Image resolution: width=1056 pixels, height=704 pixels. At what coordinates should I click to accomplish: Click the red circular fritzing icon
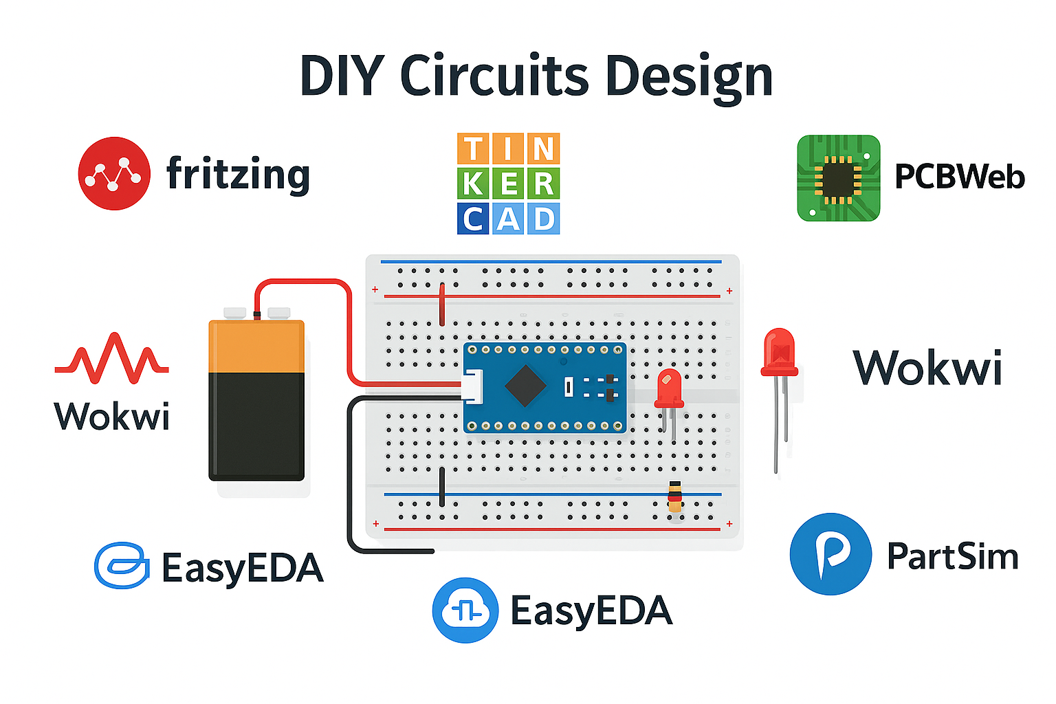(114, 173)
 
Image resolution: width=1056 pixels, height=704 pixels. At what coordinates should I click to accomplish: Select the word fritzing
(238, 174)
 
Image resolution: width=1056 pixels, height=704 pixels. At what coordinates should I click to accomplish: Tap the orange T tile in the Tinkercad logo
(473, 149)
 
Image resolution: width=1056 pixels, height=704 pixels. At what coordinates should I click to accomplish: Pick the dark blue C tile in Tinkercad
(473, 219)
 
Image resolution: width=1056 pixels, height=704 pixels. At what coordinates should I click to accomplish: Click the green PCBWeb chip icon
(838, 178)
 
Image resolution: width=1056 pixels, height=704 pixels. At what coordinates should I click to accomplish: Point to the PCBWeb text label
(959, 177)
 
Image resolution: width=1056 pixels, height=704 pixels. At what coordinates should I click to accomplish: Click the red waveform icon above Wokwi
(111, 357)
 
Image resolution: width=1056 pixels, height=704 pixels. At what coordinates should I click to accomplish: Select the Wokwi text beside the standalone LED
(927, 368)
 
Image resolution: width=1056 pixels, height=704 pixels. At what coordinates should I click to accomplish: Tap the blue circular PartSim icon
(830, 553)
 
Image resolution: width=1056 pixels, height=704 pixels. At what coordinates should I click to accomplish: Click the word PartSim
(952, 556)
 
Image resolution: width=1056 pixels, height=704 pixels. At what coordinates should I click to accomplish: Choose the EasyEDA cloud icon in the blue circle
(465, 610)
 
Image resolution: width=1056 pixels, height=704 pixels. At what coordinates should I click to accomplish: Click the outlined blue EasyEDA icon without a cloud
(122, 566)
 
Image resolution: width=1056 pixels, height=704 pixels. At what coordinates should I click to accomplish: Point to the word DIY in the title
(342, 76)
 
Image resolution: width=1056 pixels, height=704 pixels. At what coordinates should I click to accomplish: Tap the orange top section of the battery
(256, 347)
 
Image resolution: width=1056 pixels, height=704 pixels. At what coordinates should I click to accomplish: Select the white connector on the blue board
(472, 386)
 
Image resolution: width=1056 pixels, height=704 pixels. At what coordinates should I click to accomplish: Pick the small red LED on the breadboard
(668, 389)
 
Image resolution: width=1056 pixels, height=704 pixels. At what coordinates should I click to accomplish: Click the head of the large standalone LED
(779, 353)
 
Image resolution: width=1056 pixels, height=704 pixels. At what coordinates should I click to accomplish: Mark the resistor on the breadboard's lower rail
(675, 496)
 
